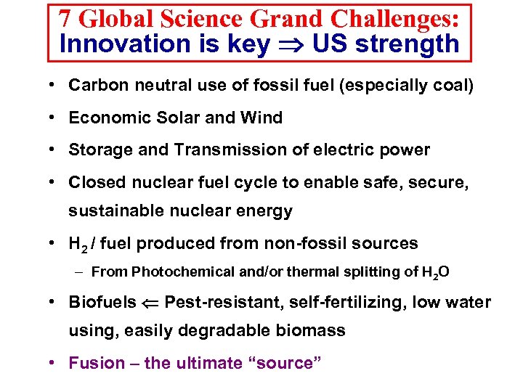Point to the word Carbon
pyautogui.click(x=93, y=86)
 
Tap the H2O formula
pyautogui.click(x=436, y=273)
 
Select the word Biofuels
pyautogui.click(x=102, y=302)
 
